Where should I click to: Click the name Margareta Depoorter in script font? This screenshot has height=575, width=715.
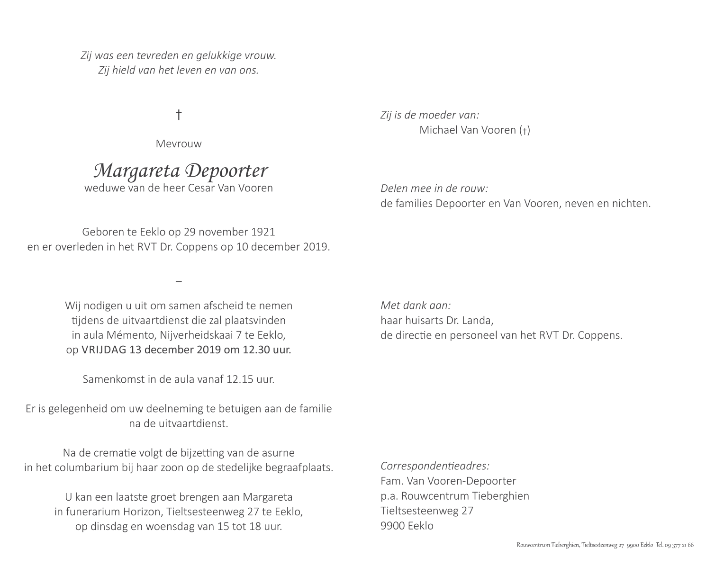[181, 171]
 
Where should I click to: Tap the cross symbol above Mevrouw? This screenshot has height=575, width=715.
[179, 115]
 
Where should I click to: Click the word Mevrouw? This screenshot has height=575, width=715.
[179, 144]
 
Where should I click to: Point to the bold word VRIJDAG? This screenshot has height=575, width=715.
[100, 350]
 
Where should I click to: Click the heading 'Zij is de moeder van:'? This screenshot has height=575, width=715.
[430, 115]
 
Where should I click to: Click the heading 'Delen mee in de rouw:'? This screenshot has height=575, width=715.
[434, 189]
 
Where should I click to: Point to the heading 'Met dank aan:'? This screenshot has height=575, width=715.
[416, 305]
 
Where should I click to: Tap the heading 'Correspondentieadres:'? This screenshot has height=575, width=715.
[435, 466]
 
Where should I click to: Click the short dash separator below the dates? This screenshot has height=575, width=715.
[179, 281]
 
